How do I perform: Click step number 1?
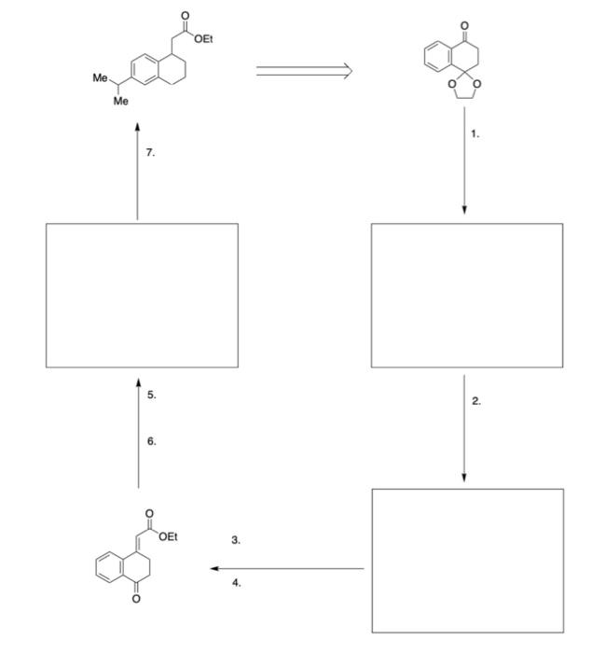[475, 134]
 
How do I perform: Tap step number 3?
[236, 539]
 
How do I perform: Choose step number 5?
[151, 396]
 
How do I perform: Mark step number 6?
[151, 441]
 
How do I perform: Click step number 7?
[151, 152]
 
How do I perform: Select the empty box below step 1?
[466, 295]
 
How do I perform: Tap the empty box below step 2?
[467, 561]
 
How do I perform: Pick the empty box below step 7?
[143, 295]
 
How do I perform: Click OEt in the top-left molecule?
[202, 38]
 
